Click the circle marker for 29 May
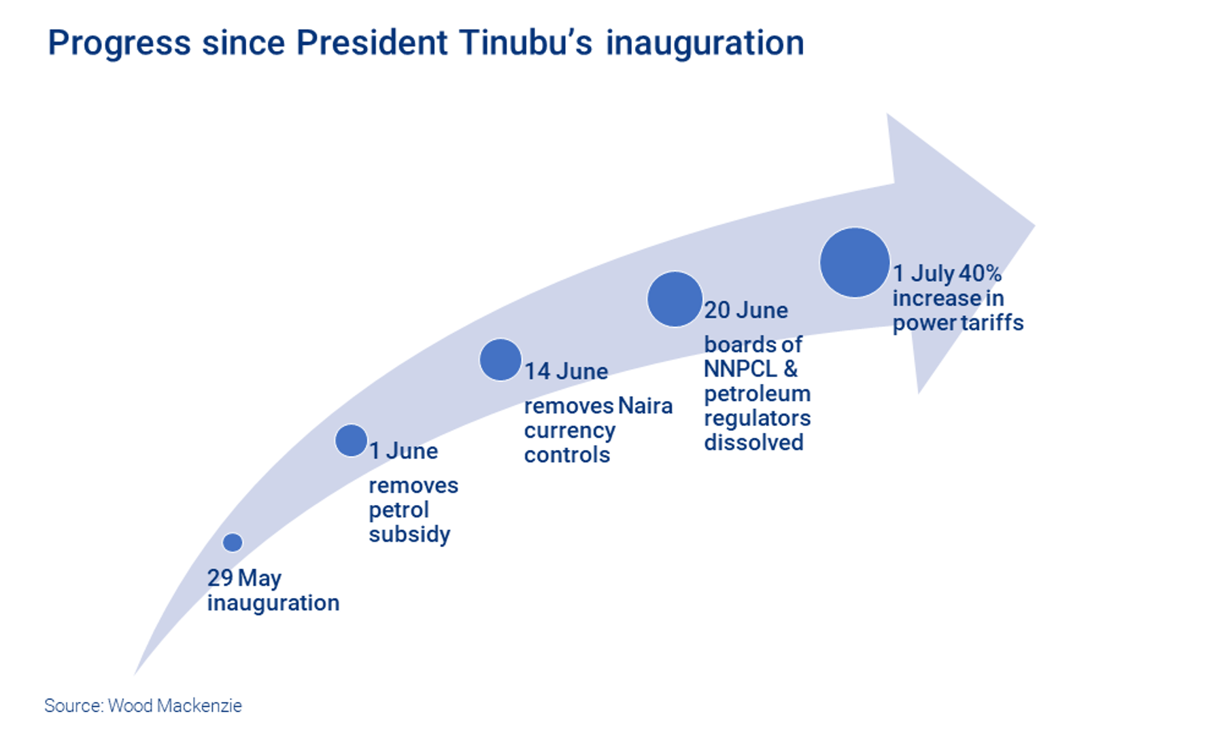click(x=233, y=542)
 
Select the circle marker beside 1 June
click(x=352, y=440)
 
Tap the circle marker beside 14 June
click(x=500, y=360)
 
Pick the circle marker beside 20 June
click(x=675, y=299)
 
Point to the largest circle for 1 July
click(x=855, y=262)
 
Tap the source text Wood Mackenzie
click(x=175, y=705)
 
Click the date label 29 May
click(x=244, y=578)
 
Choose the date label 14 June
click(x=566, y=371)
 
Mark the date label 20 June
click(x=746, y=310)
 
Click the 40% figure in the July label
click(x=980, y=273)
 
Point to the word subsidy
click(x=409, y=535)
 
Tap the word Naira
click(x=645, y=406)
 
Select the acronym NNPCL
click(x=741, y=368)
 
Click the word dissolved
click(x=753, y=442)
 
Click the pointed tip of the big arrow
click(x=1034, y=226)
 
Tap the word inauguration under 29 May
click(x=273, y=603)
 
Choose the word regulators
click(x=758, y=419)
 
